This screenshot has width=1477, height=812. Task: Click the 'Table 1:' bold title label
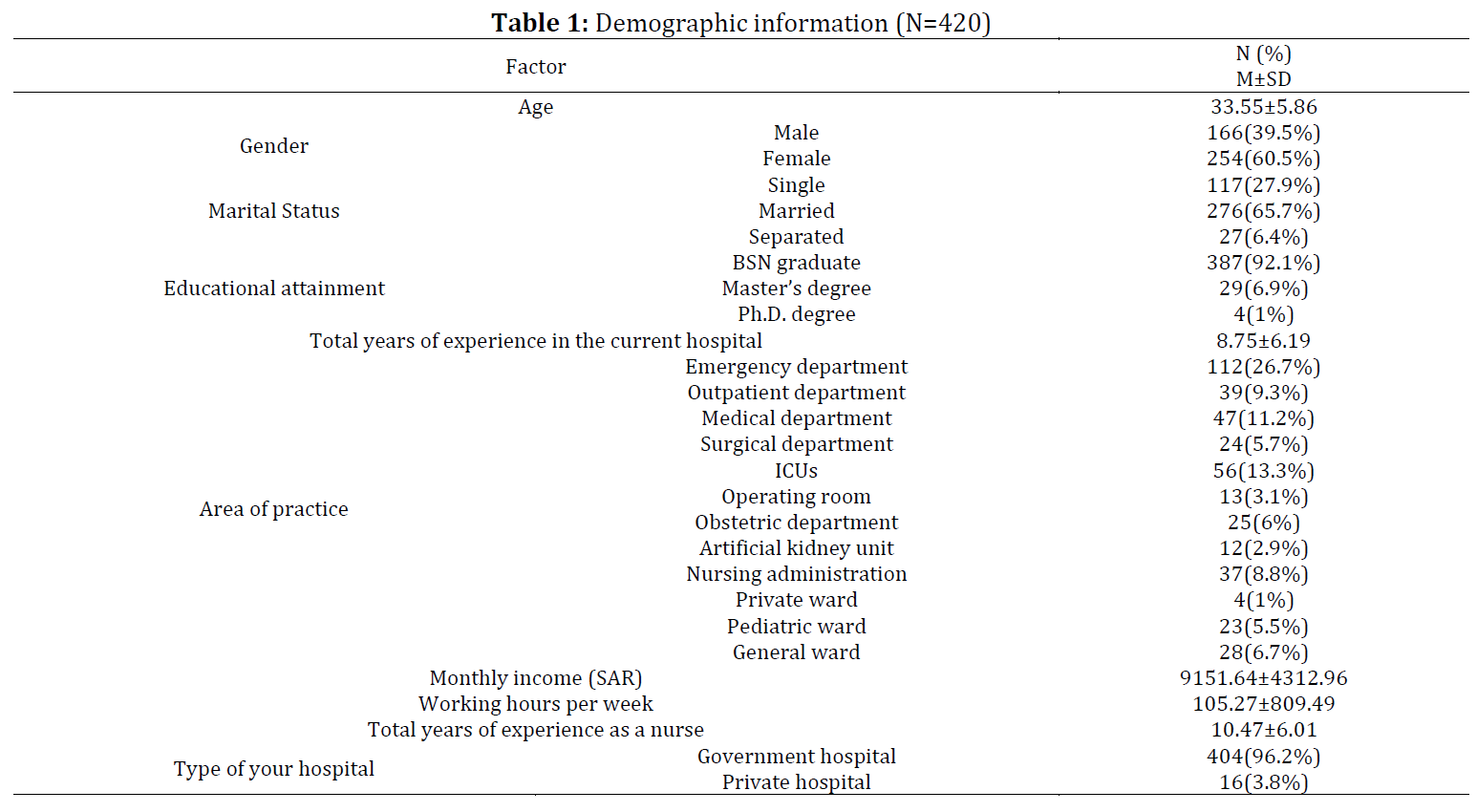pyautogui.click(x=540, y=23)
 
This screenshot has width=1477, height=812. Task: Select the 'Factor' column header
pyautogui.click(x=535, y=67)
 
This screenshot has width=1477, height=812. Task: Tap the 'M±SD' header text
pyautogui.click(x=1263, y=79)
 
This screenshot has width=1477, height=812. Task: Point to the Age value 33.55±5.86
pyautogui.click(x=1263, y=107)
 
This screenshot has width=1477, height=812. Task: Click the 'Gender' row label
pyautogui.click(x=273, y=145)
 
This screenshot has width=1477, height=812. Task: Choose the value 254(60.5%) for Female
pyautogui.click(x=1263, y=159)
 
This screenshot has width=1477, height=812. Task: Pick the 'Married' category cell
pyautogui.click(x=797, y=211)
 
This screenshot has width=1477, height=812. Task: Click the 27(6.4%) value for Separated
pyautogui.click(x=1263, y=237)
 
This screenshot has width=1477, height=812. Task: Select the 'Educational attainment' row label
pyautogui.click(x=273, y=288)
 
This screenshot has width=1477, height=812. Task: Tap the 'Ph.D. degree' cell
pyautogui.click(x=797, y=314)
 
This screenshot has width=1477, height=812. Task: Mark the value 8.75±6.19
pyautogui.click(x=1263, y=341)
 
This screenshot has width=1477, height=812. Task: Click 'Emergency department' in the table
pyautogui.click(x=797, y=367)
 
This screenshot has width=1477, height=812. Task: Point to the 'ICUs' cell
pyautogui.click(x=797, y=471)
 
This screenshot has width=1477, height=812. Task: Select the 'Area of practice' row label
pyautogui.click(x=273, y=509)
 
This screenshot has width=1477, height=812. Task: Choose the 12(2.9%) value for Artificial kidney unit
pyautogui.click(x=1263, y=548)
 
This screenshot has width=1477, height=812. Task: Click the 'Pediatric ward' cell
pyautogui.click(x=797, y=626)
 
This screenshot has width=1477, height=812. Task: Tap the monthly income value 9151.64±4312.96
pyautogui.click(x=1263, y=678)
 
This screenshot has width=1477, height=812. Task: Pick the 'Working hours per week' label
pyautogui.click(x=535, y=704)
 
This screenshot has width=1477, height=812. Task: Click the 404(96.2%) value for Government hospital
pyautogui.click(x=1263, y=756)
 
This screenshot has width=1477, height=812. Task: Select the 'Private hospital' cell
pyautogui.click(x=797, y=782)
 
